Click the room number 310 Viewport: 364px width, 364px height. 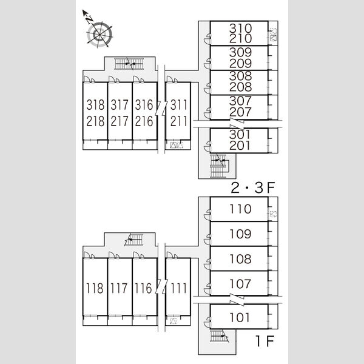(240, 29)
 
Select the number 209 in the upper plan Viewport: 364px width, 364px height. (240, 63)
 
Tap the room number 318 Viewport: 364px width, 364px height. (95, 105)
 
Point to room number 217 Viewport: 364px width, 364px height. (120, 121)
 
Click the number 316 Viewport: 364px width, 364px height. (144, 105)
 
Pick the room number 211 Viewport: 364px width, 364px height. (179, 121)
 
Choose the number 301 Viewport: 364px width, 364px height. (240, 135)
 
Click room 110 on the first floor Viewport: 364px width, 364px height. (240, 209)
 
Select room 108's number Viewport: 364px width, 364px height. (240, 259)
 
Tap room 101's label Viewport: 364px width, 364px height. (240, 317)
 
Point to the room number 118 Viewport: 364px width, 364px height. (95, 288)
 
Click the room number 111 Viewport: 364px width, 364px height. (179, 288)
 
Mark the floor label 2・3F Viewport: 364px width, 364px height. (253, 188)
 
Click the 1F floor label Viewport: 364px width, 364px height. (265, 341)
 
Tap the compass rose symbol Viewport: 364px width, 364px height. (99, 35)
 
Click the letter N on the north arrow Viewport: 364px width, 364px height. (89, 20)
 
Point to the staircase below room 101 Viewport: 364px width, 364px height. (219, 336)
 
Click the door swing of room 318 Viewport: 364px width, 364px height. (87, 79)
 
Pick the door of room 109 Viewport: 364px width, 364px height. (207, 240)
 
